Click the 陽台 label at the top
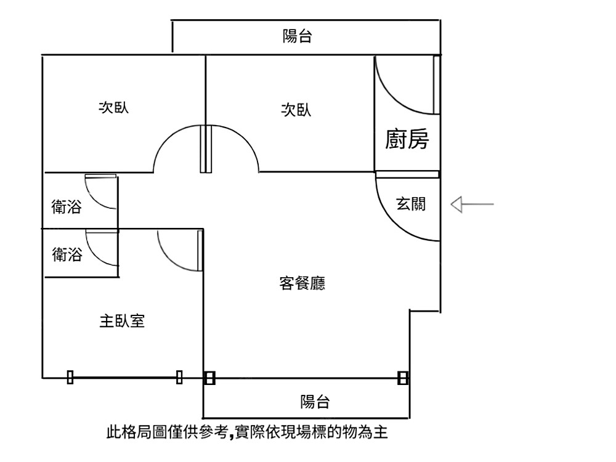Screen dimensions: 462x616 [297, 37]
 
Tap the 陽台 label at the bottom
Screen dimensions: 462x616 [315, 402]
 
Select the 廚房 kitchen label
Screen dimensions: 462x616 [407, 140]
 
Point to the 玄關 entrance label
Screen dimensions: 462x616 [411, 204]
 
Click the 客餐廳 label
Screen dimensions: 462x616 [302, 283]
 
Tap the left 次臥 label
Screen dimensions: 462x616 [114, 108]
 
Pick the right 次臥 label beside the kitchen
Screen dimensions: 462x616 [296, 110]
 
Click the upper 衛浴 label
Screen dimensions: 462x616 [66, 207]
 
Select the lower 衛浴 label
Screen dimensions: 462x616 [67, 254]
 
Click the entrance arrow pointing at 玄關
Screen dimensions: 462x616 [472, 204]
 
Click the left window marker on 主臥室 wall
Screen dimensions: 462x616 [70, 377]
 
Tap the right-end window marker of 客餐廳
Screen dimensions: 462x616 [403, 378]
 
